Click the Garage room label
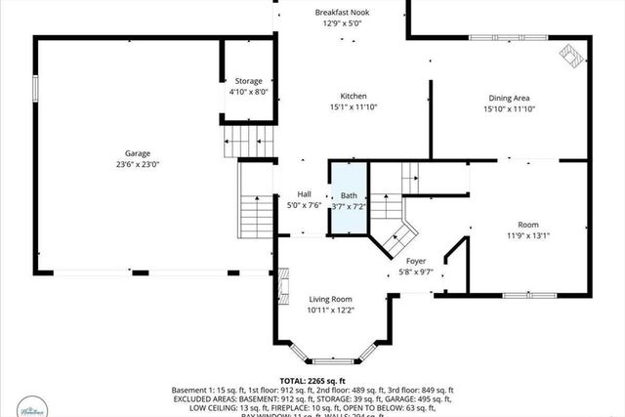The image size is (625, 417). (137, 153)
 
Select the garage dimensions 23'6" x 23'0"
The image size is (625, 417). (137, 165)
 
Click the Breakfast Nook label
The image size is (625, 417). (342, 13)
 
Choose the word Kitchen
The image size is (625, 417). (353, 96)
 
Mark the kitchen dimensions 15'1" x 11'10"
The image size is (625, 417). (353, 107)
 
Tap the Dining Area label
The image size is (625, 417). (509, 98)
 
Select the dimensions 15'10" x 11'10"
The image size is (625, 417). (509, 109)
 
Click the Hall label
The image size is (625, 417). (303, 194)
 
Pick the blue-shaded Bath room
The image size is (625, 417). (348, 200)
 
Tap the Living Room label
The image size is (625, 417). (330, 299)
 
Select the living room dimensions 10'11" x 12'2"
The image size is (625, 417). (330, 311)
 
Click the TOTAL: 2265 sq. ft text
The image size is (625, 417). (312, 380)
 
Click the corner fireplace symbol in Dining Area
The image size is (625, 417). (569, 56)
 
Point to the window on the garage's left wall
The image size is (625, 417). (36, 87)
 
